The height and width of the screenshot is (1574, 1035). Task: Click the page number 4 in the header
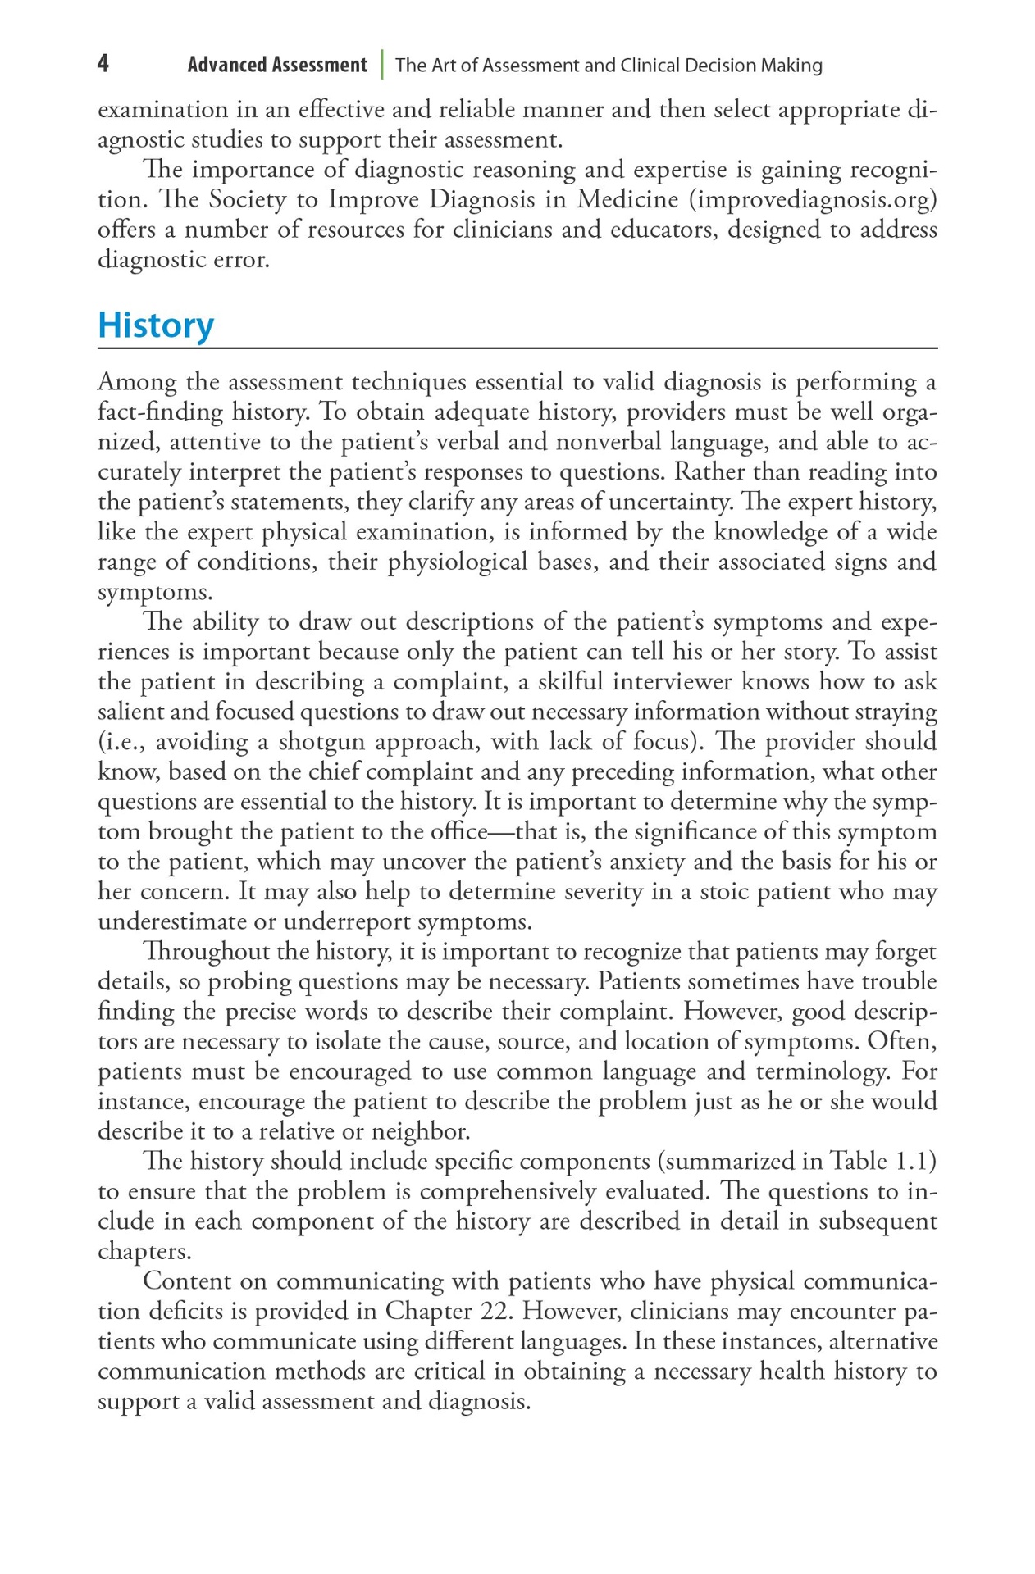tap(103, 64)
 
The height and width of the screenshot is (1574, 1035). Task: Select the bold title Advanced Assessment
tap(276, 65)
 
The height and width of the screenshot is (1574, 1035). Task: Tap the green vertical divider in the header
tap(382, 65)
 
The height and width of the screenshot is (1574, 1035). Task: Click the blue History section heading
tap(156, 325)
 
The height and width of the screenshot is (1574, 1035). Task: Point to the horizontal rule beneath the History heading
tap(517, 348)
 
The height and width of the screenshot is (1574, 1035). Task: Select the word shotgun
tap(322, 742)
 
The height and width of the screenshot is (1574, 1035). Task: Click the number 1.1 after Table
tap(915, 1162)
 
